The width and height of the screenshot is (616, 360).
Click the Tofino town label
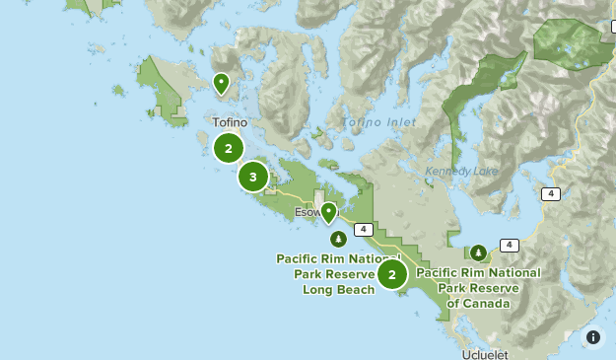(230, 123)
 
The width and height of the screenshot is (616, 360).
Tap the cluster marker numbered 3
(253, 178)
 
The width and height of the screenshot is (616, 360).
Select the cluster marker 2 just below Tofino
(229, 149)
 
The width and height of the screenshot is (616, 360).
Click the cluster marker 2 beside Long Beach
(392, 275)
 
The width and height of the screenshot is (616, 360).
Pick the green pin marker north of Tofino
(222, 83)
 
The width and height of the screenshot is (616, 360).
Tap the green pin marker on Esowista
(328, 212)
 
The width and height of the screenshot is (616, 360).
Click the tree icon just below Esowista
(338, 239)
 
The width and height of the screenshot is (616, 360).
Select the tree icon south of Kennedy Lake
(478, 252)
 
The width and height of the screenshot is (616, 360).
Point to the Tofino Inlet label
(377, 122)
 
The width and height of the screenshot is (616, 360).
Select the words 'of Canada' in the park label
(478, 304)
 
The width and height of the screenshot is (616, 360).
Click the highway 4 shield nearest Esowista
(364, 230)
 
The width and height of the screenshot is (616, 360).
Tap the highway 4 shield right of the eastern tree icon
(510, 245)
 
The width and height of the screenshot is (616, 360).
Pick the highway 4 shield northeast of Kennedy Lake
(550, 194)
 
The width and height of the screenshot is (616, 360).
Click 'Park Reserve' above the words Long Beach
(335, 274)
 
